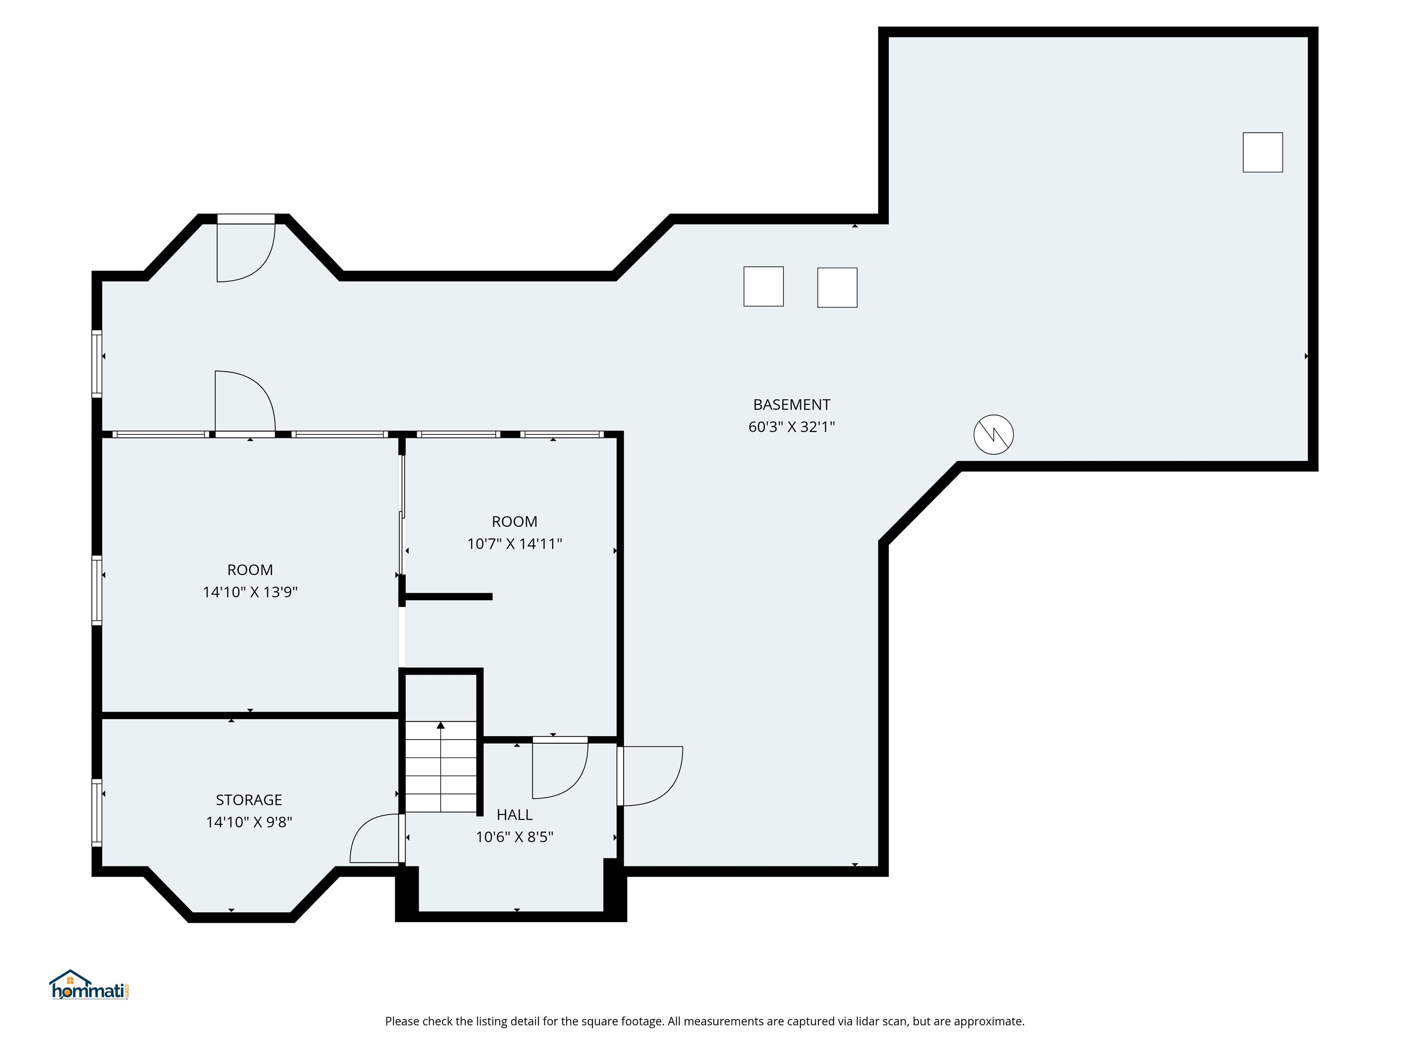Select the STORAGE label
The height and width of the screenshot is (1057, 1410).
coord(249,800)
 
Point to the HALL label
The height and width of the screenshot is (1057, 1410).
coord(515,814)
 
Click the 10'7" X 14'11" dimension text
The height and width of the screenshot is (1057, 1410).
coord(515,544)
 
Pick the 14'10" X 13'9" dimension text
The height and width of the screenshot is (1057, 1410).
coord(250,592)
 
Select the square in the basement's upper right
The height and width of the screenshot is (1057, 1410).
coord(1262,152)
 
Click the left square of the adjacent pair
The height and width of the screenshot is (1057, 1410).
coord(763,287)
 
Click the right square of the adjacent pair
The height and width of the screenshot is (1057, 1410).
coord(837,287)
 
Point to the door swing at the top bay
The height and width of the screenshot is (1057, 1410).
coord(246,252)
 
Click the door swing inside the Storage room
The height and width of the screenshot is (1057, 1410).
coord(375,839)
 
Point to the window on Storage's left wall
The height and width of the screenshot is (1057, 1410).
coord(97,812)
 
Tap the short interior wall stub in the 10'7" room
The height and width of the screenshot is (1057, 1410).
coord(448,597)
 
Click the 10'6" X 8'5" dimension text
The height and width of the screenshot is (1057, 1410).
coord(515,836)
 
